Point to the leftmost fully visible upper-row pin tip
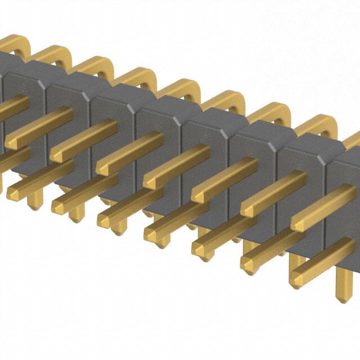pyautogui.click(x=12, y=142)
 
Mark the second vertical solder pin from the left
pyautogui.click(x=76, y=211)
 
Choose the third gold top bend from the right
pyautogui.click(x=225, y=101)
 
